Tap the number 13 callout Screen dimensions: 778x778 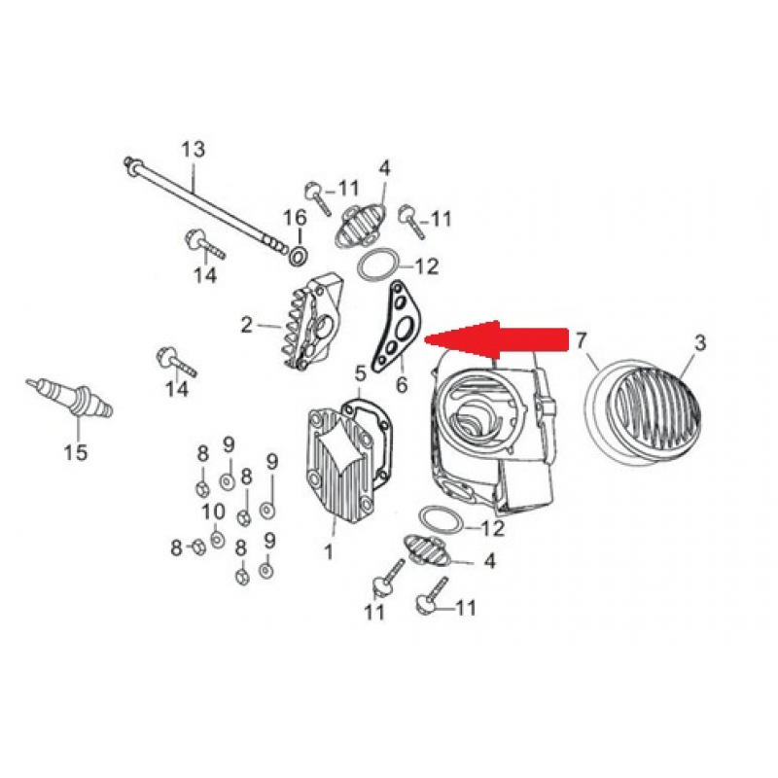194,149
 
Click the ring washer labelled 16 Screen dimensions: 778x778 296,255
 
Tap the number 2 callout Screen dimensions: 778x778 247,323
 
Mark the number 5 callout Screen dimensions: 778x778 361,371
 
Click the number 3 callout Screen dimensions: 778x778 699,342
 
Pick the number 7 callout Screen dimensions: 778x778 582,340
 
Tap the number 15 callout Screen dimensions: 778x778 75,452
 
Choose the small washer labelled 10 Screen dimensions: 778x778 216,539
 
